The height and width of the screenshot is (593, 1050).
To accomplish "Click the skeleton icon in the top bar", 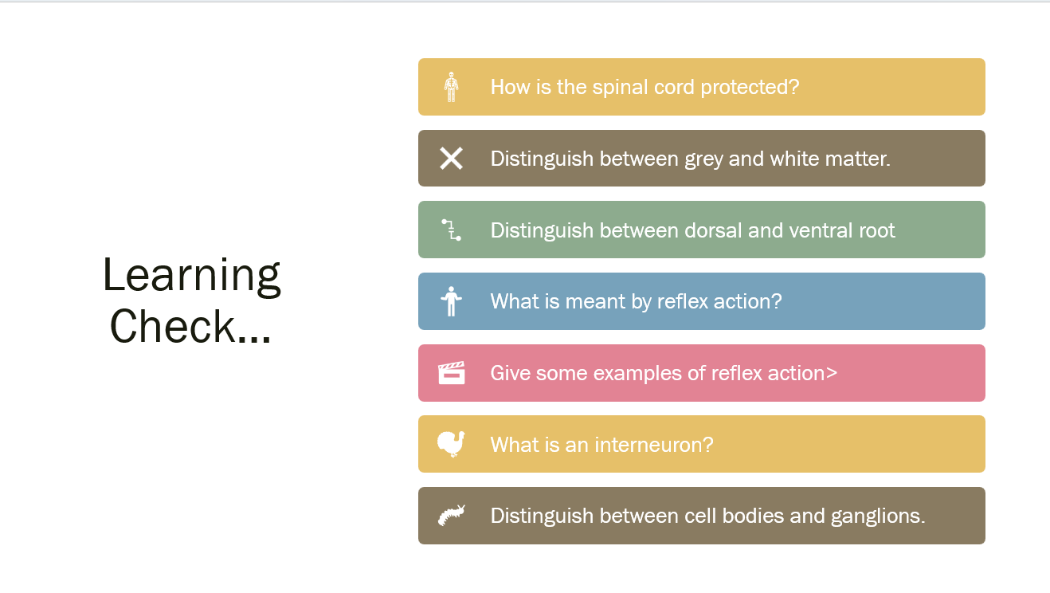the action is pos(451,87).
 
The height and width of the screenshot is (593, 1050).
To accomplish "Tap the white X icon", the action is pos(451,158).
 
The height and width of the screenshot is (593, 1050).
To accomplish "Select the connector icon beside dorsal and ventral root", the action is pos(451,230).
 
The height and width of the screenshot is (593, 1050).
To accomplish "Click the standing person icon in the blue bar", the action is pos(451,301).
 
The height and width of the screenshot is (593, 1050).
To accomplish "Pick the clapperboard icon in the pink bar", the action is pos(451,373).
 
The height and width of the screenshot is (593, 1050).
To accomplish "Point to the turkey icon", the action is pos(451,444).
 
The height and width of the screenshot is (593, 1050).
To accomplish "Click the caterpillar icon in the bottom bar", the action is pos(451,515).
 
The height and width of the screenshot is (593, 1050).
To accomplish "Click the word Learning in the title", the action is pos(192,277).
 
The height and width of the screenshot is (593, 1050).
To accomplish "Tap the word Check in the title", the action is pos(172,326).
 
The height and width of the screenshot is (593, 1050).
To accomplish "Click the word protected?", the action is pos(750,87).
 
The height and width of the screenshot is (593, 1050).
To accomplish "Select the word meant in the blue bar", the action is pos(595,301).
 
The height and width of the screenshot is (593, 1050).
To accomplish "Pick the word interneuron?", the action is pos(654,445).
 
